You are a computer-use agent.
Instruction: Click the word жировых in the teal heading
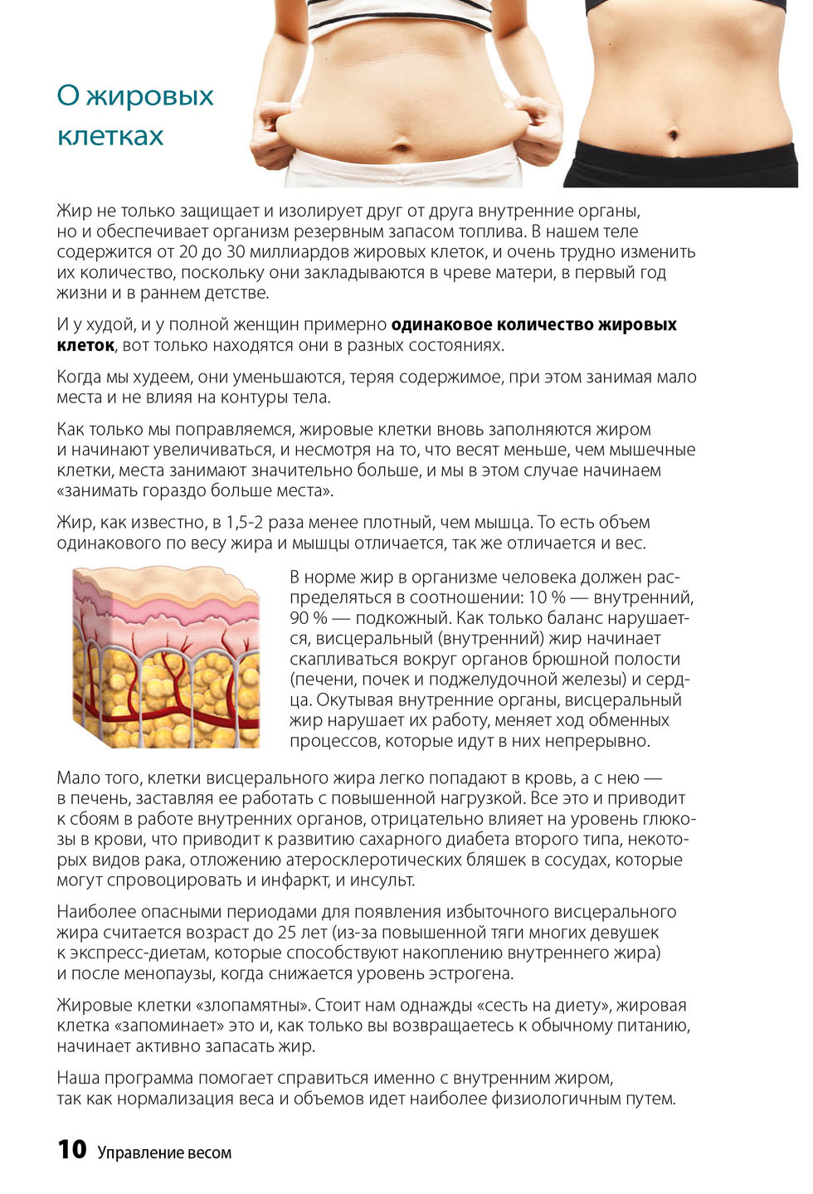150,97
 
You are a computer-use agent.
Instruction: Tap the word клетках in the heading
110,136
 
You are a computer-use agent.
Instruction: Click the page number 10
72,1149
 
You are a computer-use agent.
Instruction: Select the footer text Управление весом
164,1153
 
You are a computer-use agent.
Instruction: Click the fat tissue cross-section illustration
166,656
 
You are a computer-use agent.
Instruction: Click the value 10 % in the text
547,597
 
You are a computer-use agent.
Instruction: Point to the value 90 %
308,618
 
